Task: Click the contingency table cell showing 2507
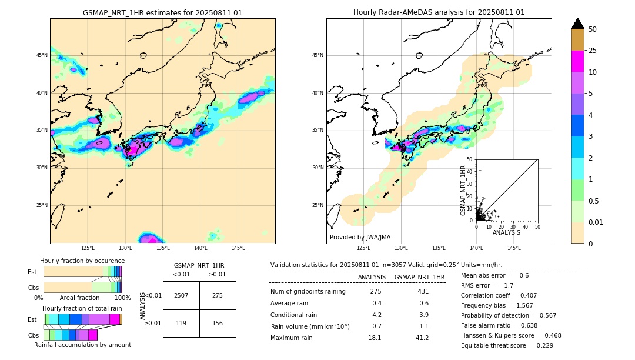click(181, 295)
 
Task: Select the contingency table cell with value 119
click(181, 323)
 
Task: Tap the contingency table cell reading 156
click(218, 323)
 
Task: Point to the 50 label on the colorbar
click(593, 29)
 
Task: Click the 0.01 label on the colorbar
click(596, 222)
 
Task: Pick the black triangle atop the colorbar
click(578, 24)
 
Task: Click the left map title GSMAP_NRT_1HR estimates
click(162, 12)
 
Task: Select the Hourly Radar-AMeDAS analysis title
click(439, 12)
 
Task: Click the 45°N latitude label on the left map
click(42, 55)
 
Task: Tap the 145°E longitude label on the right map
click(514, 248)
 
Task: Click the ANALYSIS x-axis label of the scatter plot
click(506, 232)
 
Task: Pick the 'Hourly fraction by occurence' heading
click(82, 261)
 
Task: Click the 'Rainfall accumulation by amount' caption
click(82, 345)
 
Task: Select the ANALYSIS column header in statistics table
click(372, 277)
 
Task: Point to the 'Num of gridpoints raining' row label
click(308, 292)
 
